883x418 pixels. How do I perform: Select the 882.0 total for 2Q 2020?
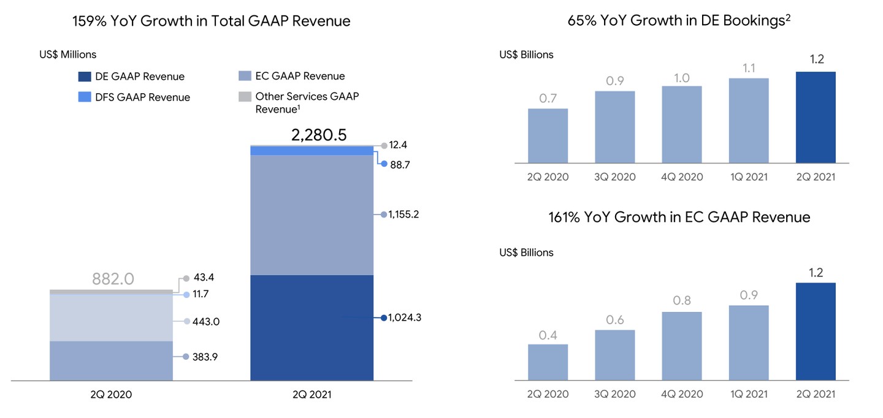point(113,279)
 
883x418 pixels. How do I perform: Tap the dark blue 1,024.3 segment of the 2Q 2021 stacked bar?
point(312,327)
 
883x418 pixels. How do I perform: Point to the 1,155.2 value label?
point(403,215)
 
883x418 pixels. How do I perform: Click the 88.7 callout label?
point(399,164)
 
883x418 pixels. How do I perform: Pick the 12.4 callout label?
point(399,145)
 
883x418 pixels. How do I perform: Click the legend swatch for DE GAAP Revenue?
point(85,77)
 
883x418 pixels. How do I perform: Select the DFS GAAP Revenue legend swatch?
point(85,97)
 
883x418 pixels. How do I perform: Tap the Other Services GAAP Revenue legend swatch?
point(245,96)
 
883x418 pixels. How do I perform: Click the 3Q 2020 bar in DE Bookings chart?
point(614,127)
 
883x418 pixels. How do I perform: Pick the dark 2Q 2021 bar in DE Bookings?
point(816,117)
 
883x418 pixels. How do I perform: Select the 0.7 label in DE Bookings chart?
point(548,97)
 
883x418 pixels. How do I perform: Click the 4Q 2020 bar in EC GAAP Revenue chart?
point(682,346)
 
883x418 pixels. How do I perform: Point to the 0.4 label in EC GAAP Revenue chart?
point(548,335)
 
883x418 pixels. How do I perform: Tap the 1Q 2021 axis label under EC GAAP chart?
point(749,394)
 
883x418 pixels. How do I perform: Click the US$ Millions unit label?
point(67,55)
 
